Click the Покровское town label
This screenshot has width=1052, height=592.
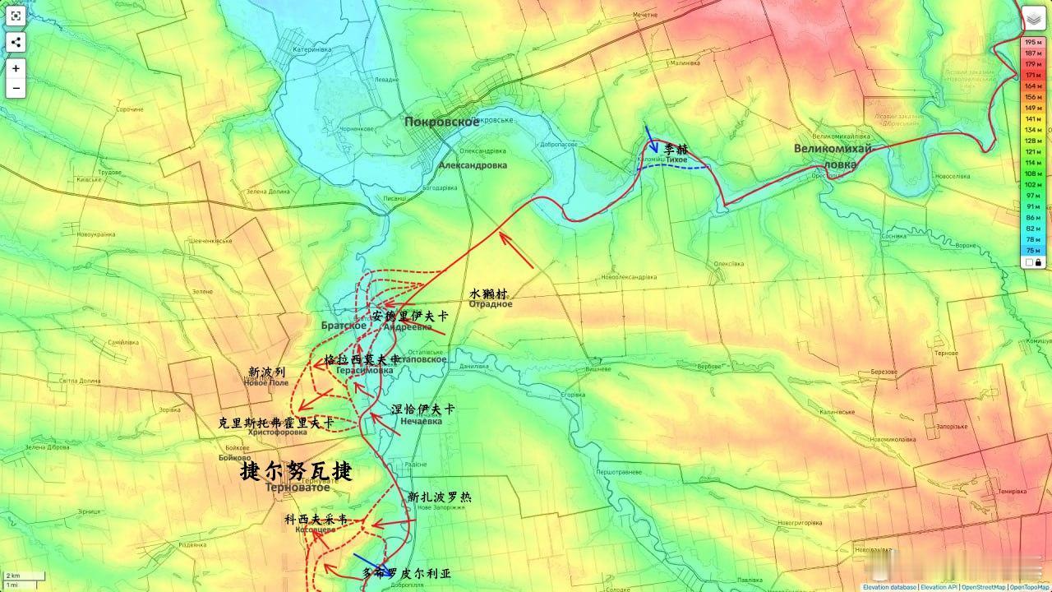tap(441, 122)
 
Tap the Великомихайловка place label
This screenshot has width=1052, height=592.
tap(833, 155)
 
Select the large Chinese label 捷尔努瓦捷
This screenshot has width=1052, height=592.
tap(296, 471)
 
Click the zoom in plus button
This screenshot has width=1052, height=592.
tap(16, 68)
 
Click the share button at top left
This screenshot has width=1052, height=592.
tap(16, 43)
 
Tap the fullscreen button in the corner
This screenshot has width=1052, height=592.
tap(16, 16)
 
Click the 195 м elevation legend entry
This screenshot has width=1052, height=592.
tap(1032, 42)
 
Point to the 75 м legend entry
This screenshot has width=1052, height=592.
tap(1032, 250)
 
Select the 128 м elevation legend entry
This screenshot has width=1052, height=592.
tap(1032, 141)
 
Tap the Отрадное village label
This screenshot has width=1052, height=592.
tap(491, 304)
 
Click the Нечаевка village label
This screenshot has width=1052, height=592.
tap(421, 422)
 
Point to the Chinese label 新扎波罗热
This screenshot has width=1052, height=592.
tap(440, 497)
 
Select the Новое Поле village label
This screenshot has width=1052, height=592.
tap(267, 383)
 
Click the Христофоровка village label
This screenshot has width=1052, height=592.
tap(277, 432)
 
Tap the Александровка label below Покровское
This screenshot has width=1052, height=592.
tap(473, 165)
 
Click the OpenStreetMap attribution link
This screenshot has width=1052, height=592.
tap(983, 587)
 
